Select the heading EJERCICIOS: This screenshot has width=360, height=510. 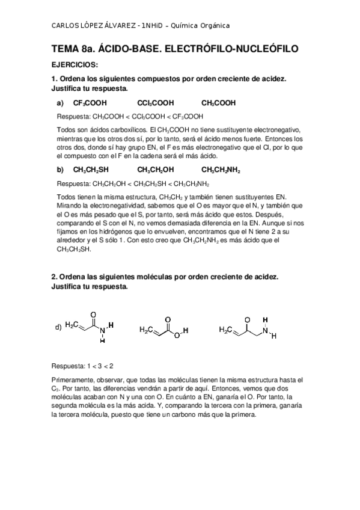tap(75, 64)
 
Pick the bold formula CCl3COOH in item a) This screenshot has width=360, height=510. tap(155, 103)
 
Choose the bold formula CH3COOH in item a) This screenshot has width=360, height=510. tap(219, 103)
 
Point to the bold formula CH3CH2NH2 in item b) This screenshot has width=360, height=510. tap(221, 170)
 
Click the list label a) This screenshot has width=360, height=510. tap(60, 103)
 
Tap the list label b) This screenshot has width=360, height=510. tap(60, 170)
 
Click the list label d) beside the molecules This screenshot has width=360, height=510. tap(58, 327)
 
